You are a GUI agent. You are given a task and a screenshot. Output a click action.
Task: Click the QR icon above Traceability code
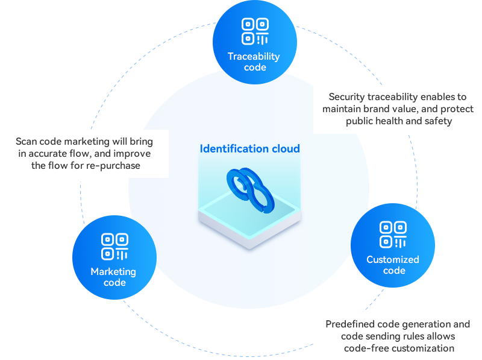click(254, 31)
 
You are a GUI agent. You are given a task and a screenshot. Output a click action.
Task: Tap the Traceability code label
click(254, 62)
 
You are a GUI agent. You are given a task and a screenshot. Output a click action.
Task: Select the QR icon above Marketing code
click(114, 247)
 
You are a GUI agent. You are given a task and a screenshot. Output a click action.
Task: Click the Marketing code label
click(113, 277)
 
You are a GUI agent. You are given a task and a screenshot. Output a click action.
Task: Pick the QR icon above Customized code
click(393, 235)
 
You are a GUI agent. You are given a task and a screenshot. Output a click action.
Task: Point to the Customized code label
click(393, 265)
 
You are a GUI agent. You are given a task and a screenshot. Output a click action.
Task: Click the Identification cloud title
click(249, 148)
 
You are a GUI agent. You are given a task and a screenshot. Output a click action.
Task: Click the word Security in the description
click(347, 96)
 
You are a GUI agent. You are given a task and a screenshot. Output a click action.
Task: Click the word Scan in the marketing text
click(27, 142)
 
